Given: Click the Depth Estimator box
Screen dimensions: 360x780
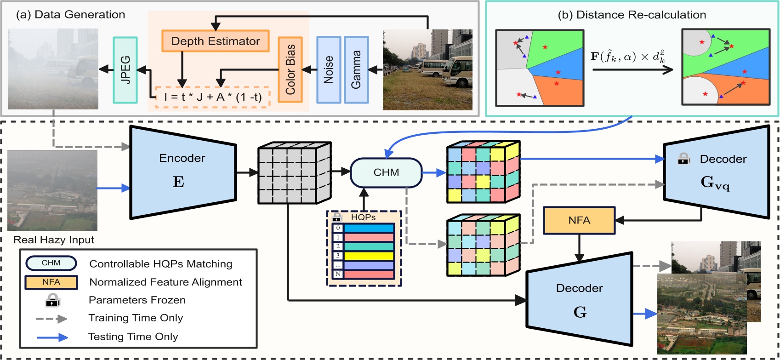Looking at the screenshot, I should (215, 41).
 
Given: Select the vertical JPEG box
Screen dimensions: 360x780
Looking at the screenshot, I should (125, 70).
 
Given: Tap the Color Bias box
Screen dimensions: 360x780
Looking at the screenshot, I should (290, 70).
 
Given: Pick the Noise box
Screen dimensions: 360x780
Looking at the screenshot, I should (329, 70).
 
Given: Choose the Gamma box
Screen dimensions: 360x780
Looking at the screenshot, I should (356, 70).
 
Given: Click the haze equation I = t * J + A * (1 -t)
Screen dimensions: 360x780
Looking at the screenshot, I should (212, 97).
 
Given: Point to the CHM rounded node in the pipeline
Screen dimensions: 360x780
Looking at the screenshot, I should (386, 172).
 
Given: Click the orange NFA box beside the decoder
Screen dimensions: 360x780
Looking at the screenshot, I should (579, 220).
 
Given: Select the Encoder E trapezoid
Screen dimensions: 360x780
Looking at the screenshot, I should (183, 172).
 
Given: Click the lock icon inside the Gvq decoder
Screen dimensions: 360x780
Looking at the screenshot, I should (683, 159).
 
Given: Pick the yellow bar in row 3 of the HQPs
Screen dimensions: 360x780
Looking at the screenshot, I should (369, 256).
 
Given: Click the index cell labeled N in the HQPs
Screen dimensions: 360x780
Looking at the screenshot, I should (338, 274).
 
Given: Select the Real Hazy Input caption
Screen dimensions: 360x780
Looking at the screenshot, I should (53, 240).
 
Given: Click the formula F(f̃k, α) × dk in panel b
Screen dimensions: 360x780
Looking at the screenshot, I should (628, 57).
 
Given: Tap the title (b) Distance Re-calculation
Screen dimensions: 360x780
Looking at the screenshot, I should (632, 15).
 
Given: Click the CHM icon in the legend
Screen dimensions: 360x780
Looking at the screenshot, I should (51, 263).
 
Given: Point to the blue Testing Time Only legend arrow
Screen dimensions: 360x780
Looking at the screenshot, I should (52, 337).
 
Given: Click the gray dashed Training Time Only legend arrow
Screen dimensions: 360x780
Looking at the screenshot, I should (51, 319).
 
